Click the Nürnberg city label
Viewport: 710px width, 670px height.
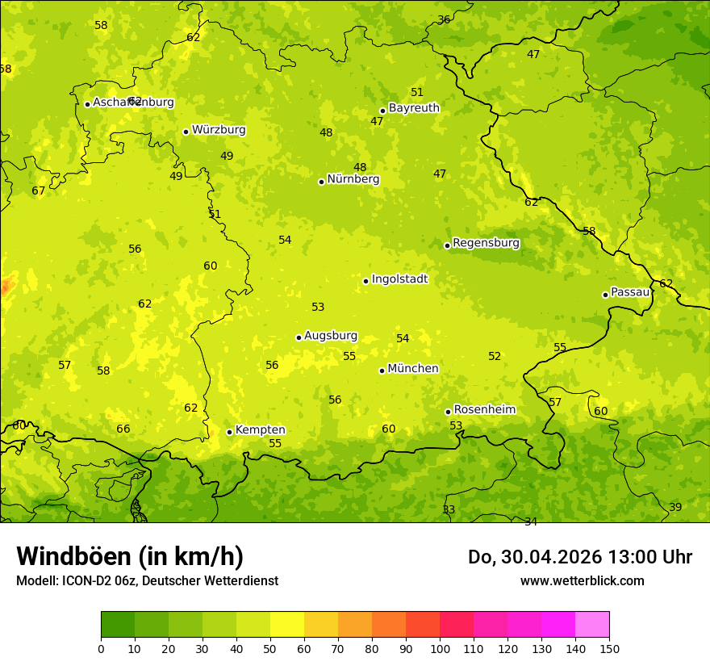[x=353, y=179]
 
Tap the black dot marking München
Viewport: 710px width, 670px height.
[x=382, y=371]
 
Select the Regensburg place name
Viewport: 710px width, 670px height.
[x=486, y=243]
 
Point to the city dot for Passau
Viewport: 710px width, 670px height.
[x=605, y=295]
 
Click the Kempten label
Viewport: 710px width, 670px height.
[x=260, y=430]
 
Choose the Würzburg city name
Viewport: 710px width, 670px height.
[x=219, y=130]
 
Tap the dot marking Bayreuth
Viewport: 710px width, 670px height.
[x=382, y=111]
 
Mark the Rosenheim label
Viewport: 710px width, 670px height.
[x=484, y=410]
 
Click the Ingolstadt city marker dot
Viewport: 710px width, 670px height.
[x=365, y=281]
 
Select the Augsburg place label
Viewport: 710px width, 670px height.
[x=331, y=336]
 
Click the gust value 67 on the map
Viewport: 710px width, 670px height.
[x=39, y=191]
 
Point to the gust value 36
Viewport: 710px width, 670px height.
[x=444, y=19]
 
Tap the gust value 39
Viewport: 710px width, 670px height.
[x=675, y=507]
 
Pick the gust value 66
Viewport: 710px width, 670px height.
[x=123, y=429]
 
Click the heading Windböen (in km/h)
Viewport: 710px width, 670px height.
[x=129, y=557]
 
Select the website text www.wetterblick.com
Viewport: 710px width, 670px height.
[x=582, y=580]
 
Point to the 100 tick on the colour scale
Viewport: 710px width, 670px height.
[x=440, y=647]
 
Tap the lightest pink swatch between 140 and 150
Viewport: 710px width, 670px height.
[x=592, y=624]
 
